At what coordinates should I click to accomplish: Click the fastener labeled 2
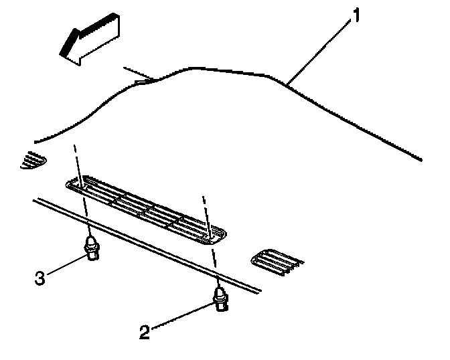click(x=220, y=299)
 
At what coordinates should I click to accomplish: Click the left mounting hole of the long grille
click(x=80, y=187)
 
